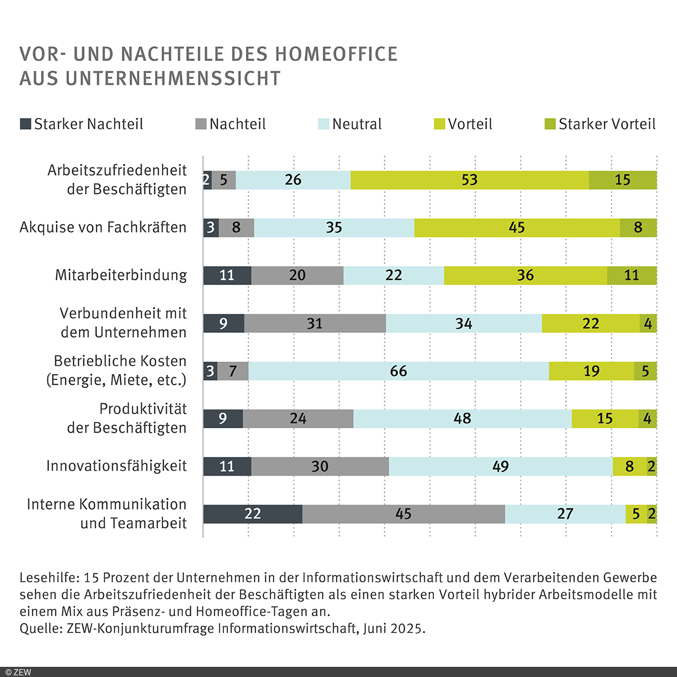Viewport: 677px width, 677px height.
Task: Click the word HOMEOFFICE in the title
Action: (x=336, y=54)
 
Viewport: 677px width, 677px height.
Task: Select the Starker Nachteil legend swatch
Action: (x=25, y=124)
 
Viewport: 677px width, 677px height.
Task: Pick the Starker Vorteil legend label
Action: (x=607, y=124)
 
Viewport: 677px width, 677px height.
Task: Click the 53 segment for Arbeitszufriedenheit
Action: (x=469, y=180)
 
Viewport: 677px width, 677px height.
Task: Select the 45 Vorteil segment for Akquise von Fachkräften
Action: (x=517, y=227)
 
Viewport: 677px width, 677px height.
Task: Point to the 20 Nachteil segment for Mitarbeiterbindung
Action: (x=297, y=275)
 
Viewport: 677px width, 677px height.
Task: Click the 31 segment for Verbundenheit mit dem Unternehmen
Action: (x=315, y=323)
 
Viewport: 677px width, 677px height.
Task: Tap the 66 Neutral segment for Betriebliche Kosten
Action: (x=398, y=371)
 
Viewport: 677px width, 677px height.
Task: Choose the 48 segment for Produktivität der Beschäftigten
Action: (x=462, y=419)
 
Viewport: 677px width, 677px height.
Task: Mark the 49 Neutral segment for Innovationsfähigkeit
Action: (x=500, y=467)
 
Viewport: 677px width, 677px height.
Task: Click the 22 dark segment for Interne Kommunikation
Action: (x=253, y=514)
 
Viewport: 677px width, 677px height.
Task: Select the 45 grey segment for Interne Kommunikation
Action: (x=403, y=514)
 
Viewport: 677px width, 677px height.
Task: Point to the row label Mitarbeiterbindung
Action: (x=121, y=275)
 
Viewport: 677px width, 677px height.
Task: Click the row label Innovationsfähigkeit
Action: (x=116, y=466)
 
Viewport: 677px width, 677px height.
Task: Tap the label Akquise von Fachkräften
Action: (x=103, y=227)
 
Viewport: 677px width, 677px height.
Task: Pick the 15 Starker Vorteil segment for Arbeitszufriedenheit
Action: (x=622, y=180)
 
